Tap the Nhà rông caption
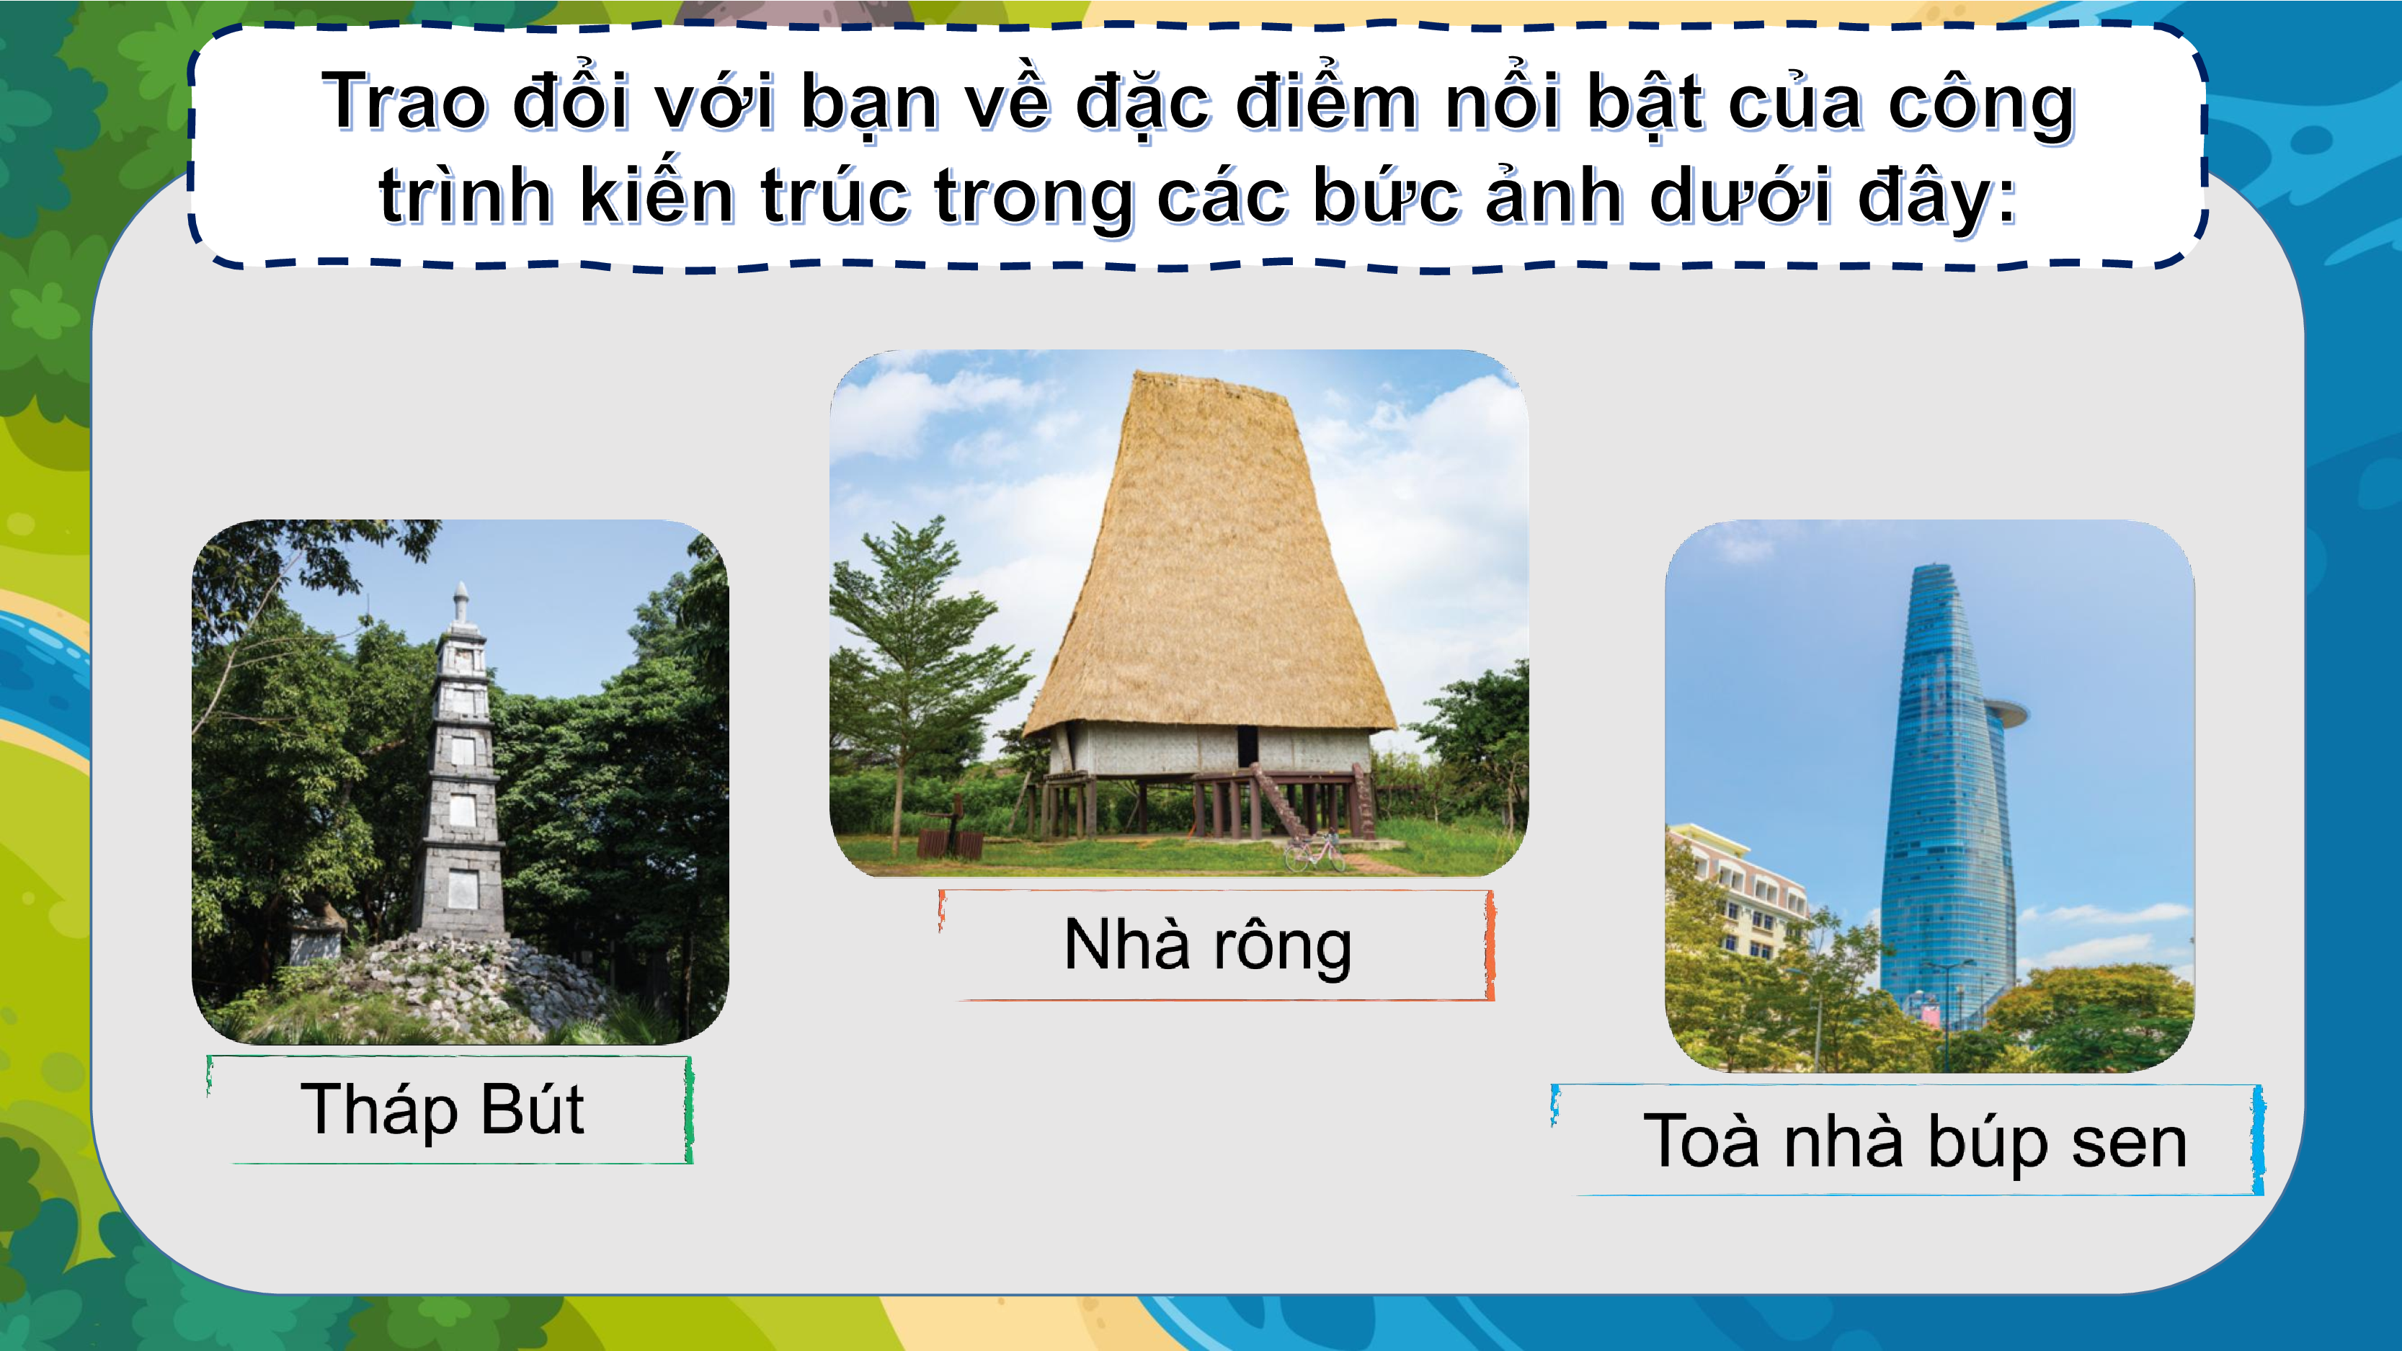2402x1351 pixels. tap(1208, 945)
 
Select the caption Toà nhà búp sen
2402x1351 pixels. tap(1916, 1141)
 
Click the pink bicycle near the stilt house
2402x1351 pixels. tap(1314, 853)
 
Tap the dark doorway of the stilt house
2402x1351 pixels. tap(1247, 746)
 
